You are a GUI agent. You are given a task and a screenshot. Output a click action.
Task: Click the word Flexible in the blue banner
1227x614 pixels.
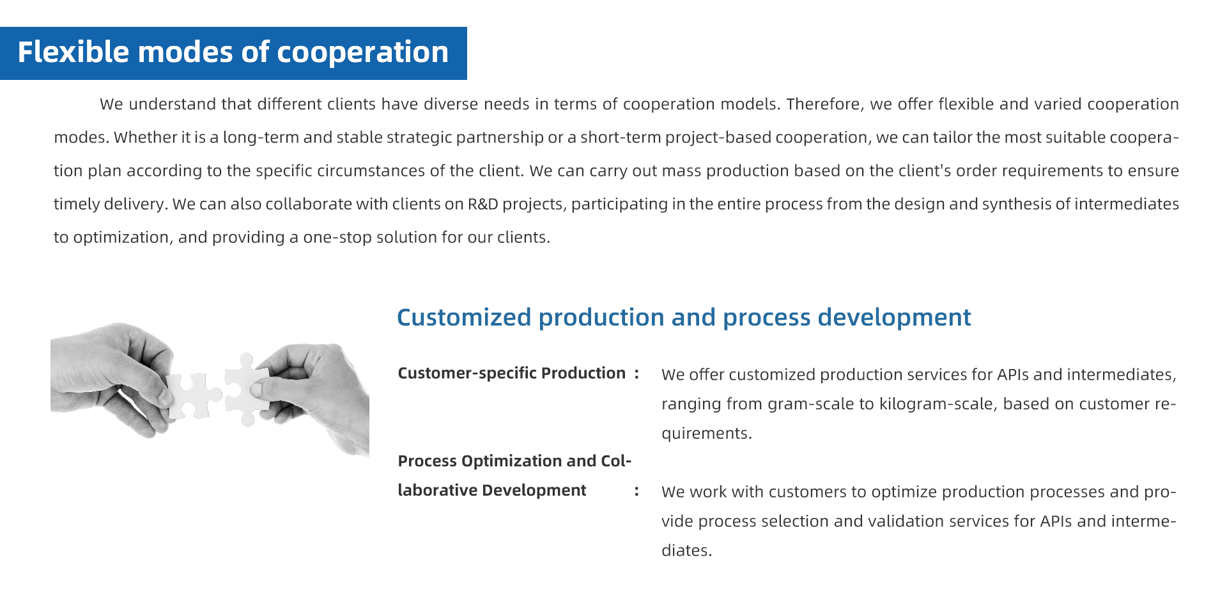point(73,52)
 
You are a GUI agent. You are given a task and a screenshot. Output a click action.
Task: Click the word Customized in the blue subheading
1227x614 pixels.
point(464,317)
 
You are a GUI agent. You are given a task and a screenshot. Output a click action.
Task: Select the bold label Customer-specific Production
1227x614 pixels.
point(511,374)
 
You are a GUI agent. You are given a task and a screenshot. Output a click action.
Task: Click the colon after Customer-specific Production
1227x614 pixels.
point(637,374)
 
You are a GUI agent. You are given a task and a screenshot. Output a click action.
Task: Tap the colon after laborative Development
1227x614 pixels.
point(637,491)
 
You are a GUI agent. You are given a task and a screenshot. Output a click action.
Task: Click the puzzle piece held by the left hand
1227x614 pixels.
point(194,395)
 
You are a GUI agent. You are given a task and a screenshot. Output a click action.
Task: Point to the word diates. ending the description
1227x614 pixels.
point(686,551)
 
